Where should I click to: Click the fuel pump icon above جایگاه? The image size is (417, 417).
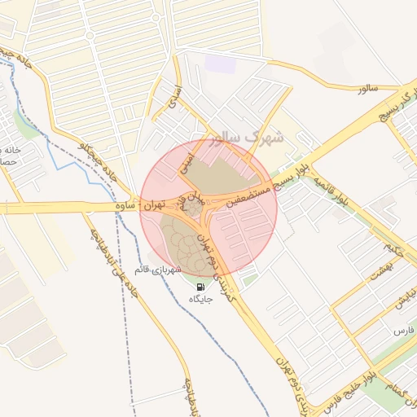200,287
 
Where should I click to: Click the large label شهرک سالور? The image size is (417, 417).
244,135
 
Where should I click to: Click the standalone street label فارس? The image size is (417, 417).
404,331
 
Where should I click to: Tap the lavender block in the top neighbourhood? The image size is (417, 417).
220,64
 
